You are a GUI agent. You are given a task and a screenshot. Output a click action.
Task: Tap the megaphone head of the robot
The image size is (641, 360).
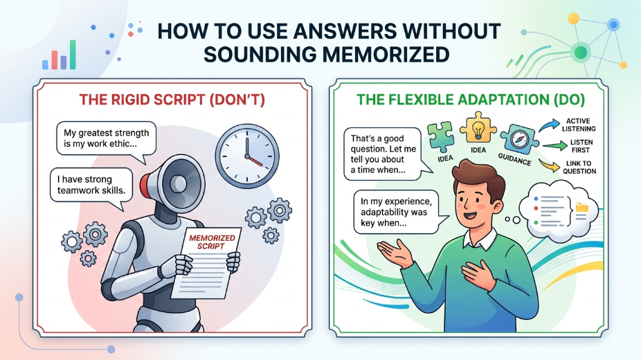pos(174,181)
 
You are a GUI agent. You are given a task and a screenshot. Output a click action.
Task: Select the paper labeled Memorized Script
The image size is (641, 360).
pos(206,262)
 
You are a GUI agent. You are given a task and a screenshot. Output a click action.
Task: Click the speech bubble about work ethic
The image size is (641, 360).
pos(107,140)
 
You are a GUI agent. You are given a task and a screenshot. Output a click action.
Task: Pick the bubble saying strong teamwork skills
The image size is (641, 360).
pos(91,186)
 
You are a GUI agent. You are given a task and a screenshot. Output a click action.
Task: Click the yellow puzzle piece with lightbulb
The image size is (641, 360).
pos(478,128)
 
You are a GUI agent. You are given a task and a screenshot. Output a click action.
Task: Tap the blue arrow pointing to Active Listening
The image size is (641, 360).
pos(549,125)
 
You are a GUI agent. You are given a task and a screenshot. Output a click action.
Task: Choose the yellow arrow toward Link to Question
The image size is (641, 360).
pos(549,165)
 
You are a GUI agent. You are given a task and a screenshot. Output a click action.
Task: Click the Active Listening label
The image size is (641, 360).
pos(579,125)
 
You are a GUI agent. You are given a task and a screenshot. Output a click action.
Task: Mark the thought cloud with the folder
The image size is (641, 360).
pos(559,210)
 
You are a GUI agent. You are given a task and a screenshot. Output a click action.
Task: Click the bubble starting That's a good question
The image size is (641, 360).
pos(383,154)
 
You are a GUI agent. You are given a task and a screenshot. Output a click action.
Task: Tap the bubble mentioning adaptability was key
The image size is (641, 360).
pos(396,213)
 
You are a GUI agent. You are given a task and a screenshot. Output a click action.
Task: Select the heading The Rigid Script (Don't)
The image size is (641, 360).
pos(172,100)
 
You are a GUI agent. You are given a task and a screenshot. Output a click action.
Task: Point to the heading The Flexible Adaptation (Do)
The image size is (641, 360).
pos(471,100)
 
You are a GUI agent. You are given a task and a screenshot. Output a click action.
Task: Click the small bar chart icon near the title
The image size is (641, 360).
pos(60,55)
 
